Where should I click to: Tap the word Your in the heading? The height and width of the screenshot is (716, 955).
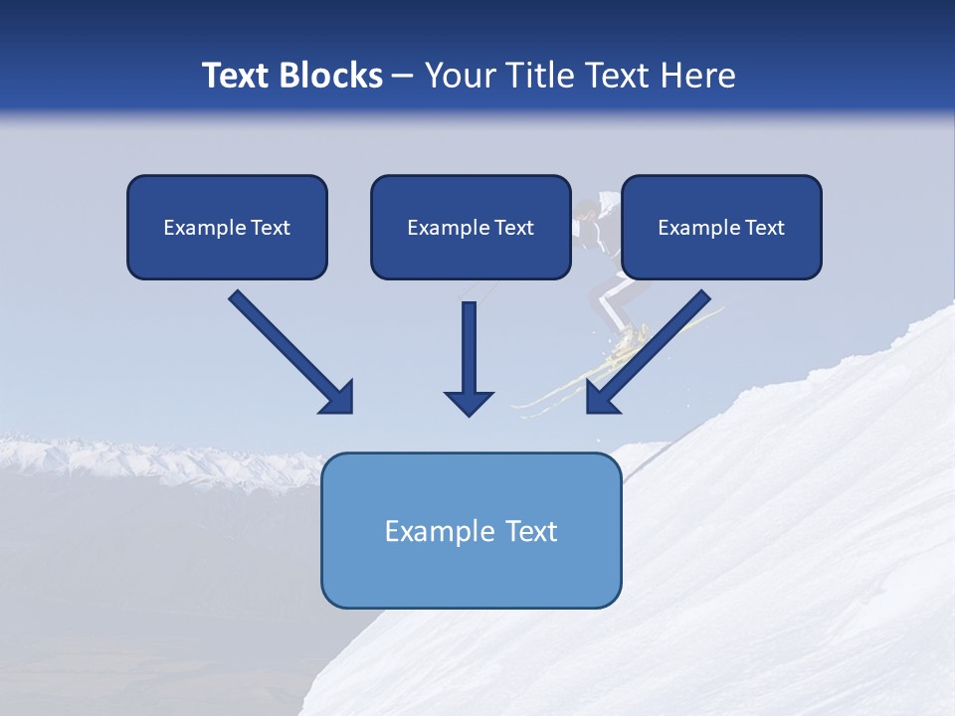[x=460, y=76]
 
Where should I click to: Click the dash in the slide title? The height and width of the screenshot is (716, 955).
[x=403, y=76]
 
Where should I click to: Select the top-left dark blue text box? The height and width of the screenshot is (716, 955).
[x=227, y=227]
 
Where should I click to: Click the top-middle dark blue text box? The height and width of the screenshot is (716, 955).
[x=471, y=227]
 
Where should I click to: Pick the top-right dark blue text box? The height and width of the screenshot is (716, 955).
[x=721, y=227]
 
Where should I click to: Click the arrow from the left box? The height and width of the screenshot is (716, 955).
[x=288, y=350]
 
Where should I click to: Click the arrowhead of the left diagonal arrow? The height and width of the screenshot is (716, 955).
[x=338, y=398]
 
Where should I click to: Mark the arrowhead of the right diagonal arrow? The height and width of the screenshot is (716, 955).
[x=603, y=397]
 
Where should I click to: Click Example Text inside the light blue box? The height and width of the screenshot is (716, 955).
[x=472, y=531]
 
